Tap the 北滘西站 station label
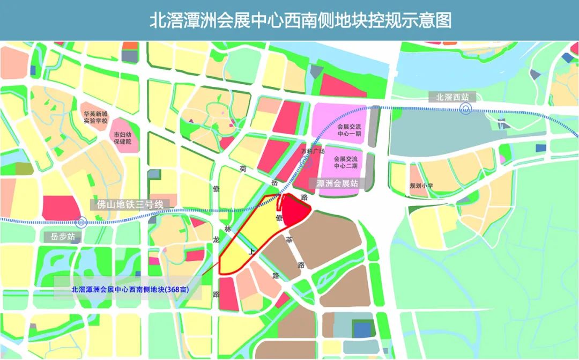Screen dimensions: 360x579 coord(452,97)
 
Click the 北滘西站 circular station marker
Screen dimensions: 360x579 coord(465,109)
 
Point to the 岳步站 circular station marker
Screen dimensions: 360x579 coord(81,222)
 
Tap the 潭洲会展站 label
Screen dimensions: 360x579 coord(337,183)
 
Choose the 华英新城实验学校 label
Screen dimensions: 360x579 coord(95,117)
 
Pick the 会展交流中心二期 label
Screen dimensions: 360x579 coord(345,162)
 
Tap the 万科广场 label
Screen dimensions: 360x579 coord(313,152)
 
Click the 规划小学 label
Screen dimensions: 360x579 coord(421,186)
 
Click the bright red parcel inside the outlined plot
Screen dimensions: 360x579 coord(295,210)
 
